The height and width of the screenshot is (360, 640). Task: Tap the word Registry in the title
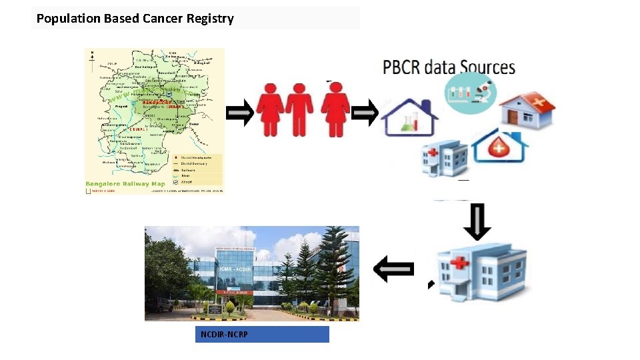211,19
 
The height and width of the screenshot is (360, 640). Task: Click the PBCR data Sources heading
449,67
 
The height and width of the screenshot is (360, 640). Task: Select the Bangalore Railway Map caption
125,184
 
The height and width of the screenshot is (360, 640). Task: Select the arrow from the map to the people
240,113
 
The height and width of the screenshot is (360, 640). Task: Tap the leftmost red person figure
271,110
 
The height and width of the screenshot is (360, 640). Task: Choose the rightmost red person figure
335,110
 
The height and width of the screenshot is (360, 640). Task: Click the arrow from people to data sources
365,113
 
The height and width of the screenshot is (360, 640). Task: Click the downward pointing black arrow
477,221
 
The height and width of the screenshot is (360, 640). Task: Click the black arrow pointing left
394,269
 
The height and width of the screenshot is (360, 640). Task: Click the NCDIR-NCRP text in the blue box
224,334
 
